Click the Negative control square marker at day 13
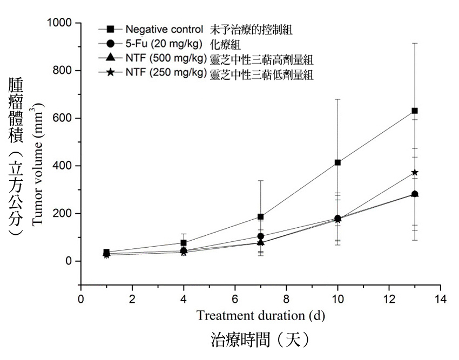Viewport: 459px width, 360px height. [415, 111]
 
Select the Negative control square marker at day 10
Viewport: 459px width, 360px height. [337, 162]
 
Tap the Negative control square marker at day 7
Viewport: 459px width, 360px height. [261, 217]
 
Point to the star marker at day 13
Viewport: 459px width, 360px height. [415, 173]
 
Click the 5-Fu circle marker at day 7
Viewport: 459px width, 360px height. [261, 236]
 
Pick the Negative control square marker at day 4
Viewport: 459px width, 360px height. [184, 243]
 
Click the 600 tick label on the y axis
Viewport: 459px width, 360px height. [65, 119]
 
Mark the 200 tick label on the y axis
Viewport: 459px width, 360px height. [65, 214]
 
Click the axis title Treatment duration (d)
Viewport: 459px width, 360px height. [260, 315]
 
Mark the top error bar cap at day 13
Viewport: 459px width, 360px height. [415, 43]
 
